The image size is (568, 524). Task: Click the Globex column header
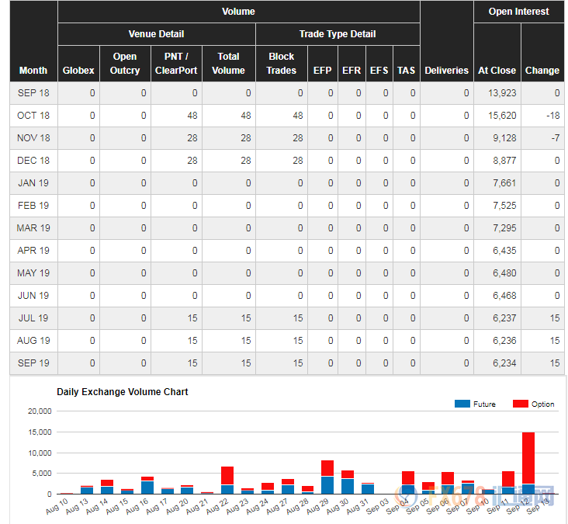[78, 70]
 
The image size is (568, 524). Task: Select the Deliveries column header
[446, 70]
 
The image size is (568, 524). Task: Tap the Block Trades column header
[281, 63]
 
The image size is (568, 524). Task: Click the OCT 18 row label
[33, 115]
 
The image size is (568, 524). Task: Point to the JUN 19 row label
[33, 295]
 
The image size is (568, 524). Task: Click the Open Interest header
[518, 12]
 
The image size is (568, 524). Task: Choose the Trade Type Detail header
[337, 34]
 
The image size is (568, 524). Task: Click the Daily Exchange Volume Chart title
[123, 392]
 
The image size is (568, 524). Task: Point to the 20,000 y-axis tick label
[38, 411]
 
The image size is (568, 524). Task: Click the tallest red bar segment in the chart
[528, 458]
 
